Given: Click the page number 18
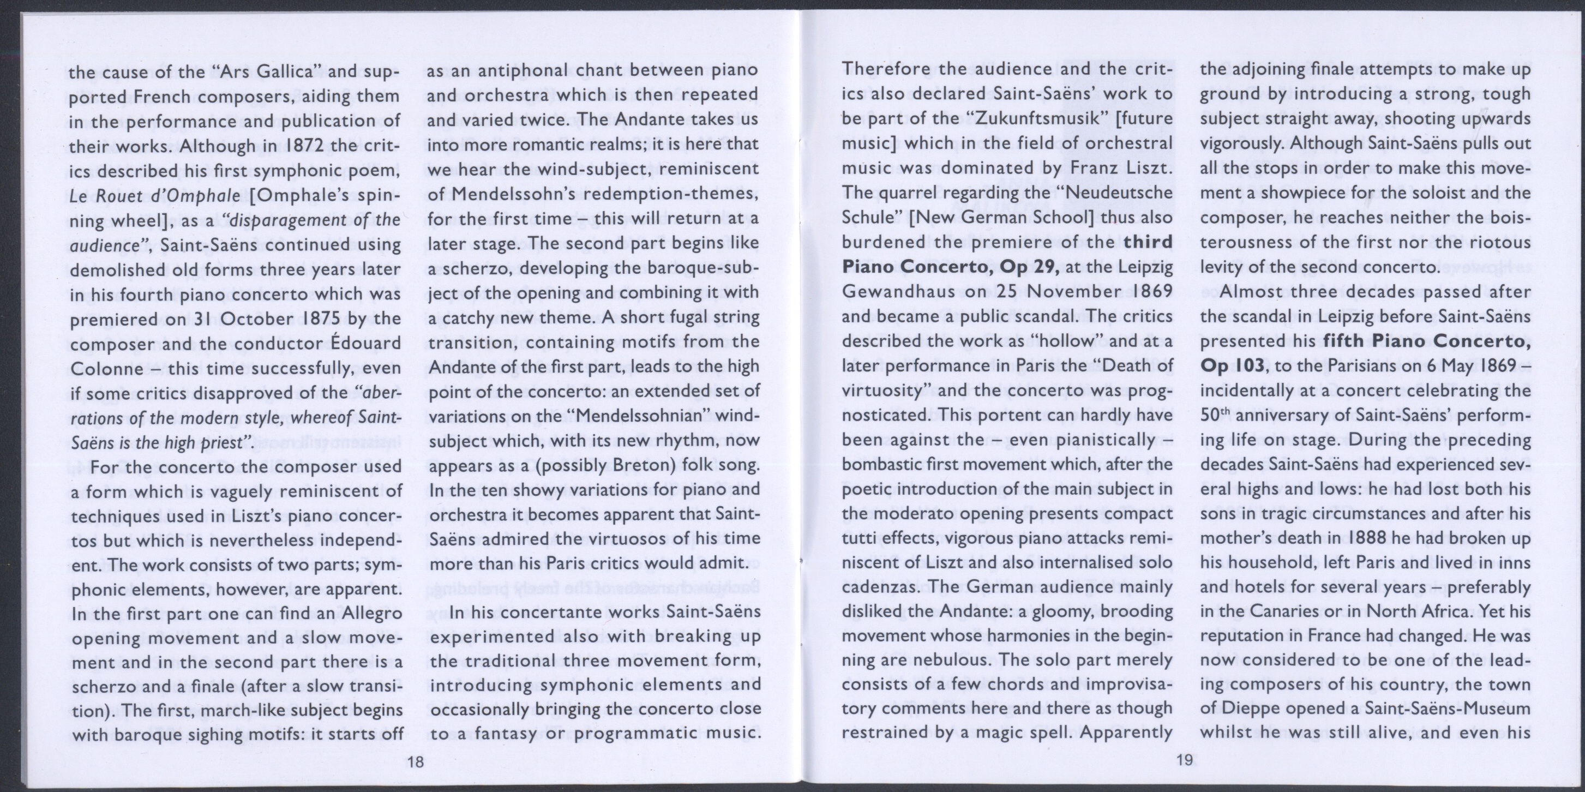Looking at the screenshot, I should tap(416, 762).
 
